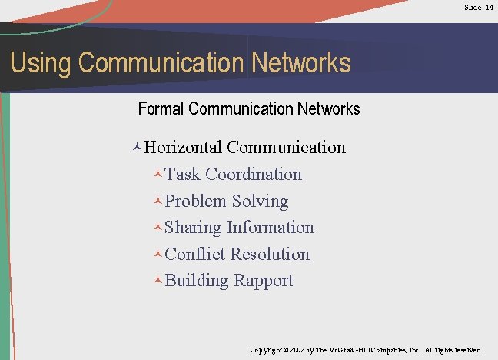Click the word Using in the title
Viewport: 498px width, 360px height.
[x=40, y=63]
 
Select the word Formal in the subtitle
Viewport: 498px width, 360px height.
[x=161, y=108]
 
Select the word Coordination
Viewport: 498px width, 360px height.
[x=254, y=175]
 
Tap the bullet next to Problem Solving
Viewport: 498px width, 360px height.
[x=158, y=202]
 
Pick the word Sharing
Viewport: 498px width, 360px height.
[x=193, y=228]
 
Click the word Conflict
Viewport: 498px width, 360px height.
[x=195, y=254]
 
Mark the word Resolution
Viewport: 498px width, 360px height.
[x=270, y=254]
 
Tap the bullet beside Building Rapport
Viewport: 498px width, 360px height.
[x=158, y=281]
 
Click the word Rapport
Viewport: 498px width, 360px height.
[x=264, y=281]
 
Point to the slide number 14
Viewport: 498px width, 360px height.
[x=490, y=7]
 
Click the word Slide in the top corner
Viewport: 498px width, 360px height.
[x=473, y=7]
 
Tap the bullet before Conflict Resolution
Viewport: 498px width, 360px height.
[x=158, y=255]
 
